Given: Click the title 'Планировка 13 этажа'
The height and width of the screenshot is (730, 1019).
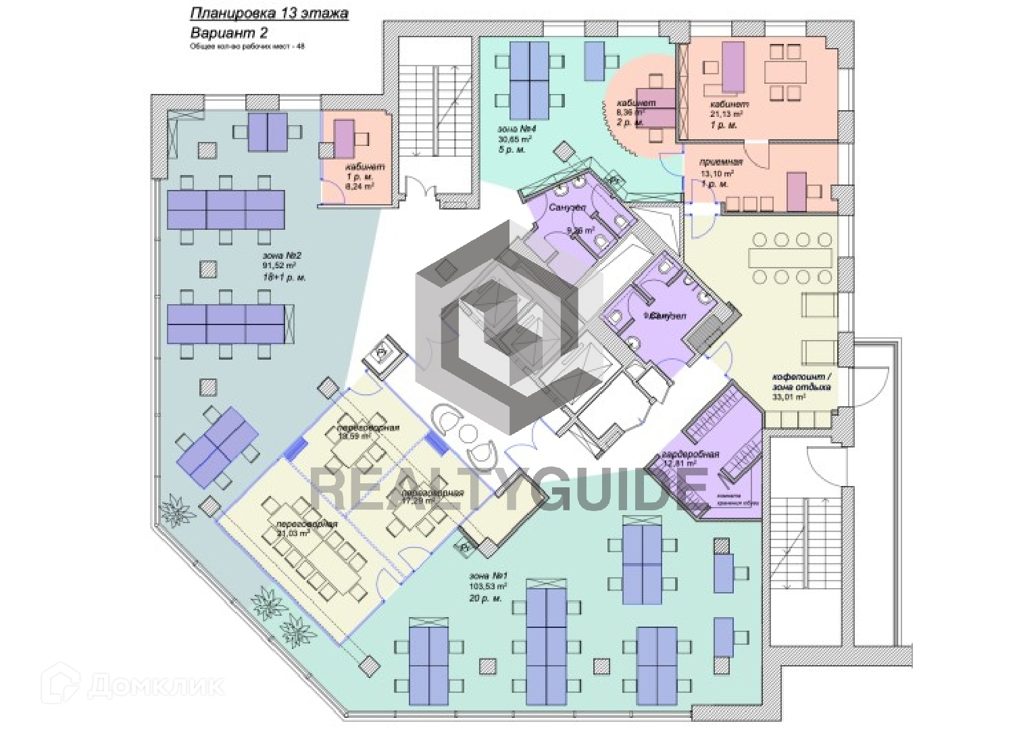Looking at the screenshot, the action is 269,13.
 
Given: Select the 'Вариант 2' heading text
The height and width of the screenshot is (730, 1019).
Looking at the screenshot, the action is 229,32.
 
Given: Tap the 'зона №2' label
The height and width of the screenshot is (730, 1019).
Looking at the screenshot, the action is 281,256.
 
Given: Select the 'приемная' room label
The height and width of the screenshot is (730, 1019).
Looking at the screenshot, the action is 722,162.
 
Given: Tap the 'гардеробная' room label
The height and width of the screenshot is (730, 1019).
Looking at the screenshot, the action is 690,454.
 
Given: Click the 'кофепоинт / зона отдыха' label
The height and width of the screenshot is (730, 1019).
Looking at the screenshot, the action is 801,382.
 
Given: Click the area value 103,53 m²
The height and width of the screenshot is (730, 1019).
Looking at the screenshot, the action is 488,587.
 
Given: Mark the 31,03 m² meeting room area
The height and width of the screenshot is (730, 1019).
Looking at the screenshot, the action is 293,533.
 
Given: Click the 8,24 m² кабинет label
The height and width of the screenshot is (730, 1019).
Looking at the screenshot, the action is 364,167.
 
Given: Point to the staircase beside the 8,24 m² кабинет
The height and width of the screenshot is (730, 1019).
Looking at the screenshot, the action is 434,115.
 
